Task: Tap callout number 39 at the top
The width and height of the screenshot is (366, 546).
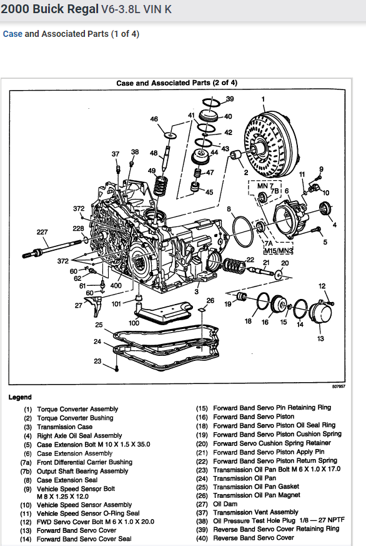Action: click(230, 99)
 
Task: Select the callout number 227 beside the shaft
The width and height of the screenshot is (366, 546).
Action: click(42, 232)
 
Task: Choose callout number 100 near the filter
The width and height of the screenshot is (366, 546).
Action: click(134, 323)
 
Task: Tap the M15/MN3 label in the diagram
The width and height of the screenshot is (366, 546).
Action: click(279, 251)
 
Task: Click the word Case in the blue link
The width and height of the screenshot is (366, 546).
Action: click(12, 34)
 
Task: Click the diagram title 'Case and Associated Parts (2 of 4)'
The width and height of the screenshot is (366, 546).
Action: click(177, 83)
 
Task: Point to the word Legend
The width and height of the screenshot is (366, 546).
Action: click(20, 397)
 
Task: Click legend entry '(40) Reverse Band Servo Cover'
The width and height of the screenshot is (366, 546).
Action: click(253, 537)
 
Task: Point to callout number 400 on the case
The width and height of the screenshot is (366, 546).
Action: click(116, 285)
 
